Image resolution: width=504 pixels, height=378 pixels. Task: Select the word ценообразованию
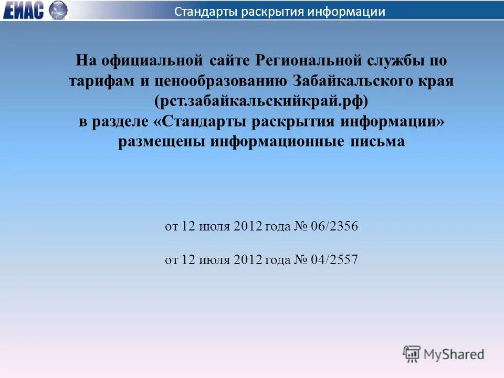click(x=217, y=81)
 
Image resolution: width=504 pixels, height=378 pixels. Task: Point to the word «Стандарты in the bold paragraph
click(x=201, y=122)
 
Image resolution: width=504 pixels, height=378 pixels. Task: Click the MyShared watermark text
click(x=454, y=354)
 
